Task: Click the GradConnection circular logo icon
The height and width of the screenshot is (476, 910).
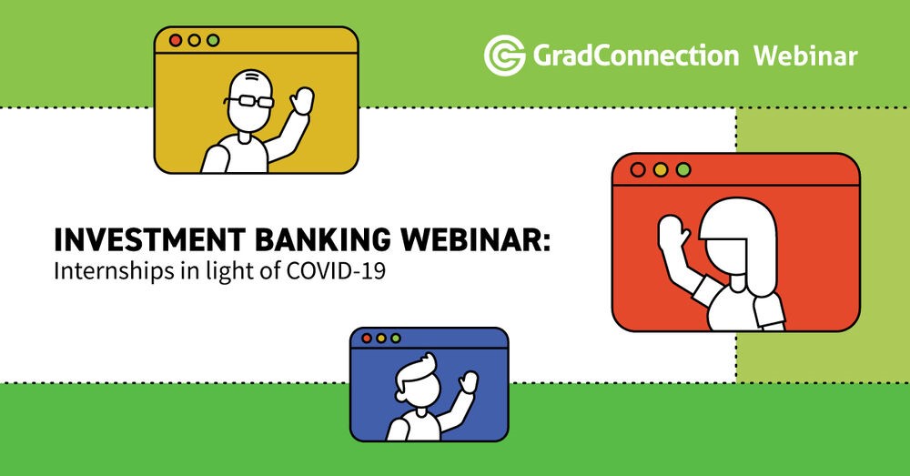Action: pos(504,56)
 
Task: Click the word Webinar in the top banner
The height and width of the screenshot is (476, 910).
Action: pos(805,56)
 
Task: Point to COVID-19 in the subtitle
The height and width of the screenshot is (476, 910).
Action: pos(336,271)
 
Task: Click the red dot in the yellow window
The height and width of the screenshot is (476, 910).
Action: pos(176,41)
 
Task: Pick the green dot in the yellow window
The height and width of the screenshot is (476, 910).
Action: pos(213,41)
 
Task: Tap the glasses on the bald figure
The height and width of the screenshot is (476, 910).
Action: pos(249,102)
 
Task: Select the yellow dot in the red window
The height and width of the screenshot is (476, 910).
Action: pos(661,169)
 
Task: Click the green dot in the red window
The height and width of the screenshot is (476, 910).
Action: pos(683,169)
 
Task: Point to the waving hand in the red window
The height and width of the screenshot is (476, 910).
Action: pos(672,233)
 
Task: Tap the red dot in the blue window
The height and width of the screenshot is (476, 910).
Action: pos(366,339)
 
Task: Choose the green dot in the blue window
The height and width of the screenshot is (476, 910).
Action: pos(395,339)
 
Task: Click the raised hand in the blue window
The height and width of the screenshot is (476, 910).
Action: pos(467,381)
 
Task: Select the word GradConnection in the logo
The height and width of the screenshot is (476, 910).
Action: pos(635,56)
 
